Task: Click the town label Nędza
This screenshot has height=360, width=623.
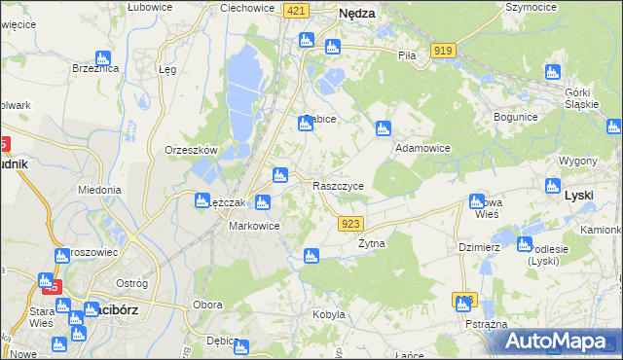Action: tap(357, 15)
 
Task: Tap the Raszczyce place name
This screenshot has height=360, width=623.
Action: tap(338, 185)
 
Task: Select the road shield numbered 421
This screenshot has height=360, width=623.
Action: tap(297, 10)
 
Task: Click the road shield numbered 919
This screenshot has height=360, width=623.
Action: tap(445, 50)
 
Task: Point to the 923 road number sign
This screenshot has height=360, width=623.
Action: tap(352, 224)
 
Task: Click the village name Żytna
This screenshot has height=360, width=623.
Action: tap(372, 244)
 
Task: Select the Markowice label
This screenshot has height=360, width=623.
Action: tap(254, 226)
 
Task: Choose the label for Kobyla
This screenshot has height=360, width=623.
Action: tap(329, 314)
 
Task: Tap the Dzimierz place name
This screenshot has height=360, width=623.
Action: tap(479, 247)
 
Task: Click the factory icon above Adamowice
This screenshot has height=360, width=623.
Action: tap(383, 127)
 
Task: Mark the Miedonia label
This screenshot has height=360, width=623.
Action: tap(99, 191)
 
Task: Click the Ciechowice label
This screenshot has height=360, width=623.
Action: tap(246, 7)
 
